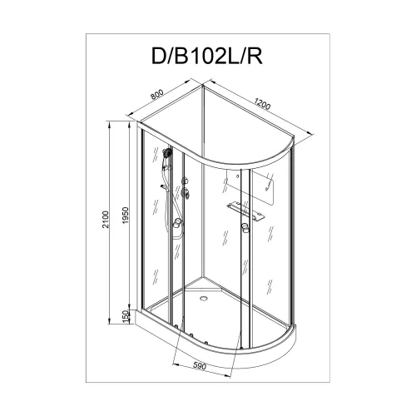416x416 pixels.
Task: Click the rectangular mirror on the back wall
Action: (x=265, y=188)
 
